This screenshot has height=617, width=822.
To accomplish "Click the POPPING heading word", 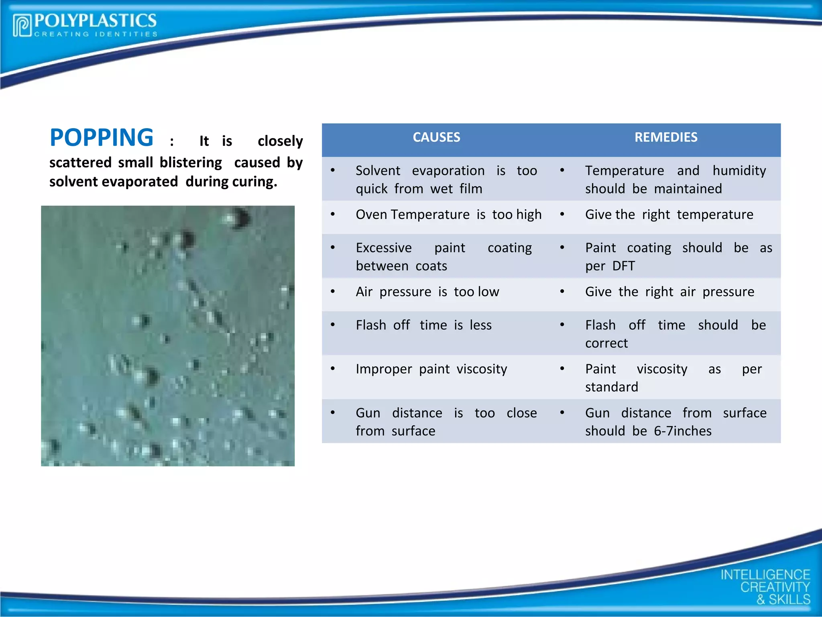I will [x=102, y=138].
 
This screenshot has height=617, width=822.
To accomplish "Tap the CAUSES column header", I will [x=436, y=137].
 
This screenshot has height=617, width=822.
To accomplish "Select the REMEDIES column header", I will [x=665, y=137].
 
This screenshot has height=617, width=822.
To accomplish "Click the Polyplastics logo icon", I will [x=22, y=26].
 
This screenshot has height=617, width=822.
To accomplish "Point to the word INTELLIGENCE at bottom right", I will [x=765, y=575].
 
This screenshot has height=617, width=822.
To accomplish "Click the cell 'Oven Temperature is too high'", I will [x=448, y=215].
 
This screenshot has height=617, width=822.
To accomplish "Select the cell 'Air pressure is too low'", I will [x=427, y=292].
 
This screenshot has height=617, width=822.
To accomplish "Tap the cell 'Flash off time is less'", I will [x=423, y=325].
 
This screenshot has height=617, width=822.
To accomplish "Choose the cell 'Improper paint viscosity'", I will [x=431, y=369].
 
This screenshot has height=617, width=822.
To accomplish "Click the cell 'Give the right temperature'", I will [x=669, y=215].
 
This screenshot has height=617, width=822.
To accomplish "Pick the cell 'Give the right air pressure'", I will [x=669, y=292].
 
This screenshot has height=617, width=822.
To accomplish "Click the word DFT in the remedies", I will [x=623, y=266].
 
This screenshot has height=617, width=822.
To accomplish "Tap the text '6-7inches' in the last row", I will [x=682, y=431].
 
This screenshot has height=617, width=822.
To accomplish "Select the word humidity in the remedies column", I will [x=739, y=171].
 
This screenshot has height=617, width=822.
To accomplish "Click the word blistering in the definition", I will [x=191, y=163].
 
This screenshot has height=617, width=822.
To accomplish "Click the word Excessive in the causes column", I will [x=383, y=248].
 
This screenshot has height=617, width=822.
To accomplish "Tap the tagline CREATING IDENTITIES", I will [x=96, y=34].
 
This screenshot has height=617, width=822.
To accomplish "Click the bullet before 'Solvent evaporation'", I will [x=333, y=170].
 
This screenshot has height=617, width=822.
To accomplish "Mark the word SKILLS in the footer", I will [x=789, y=599].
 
